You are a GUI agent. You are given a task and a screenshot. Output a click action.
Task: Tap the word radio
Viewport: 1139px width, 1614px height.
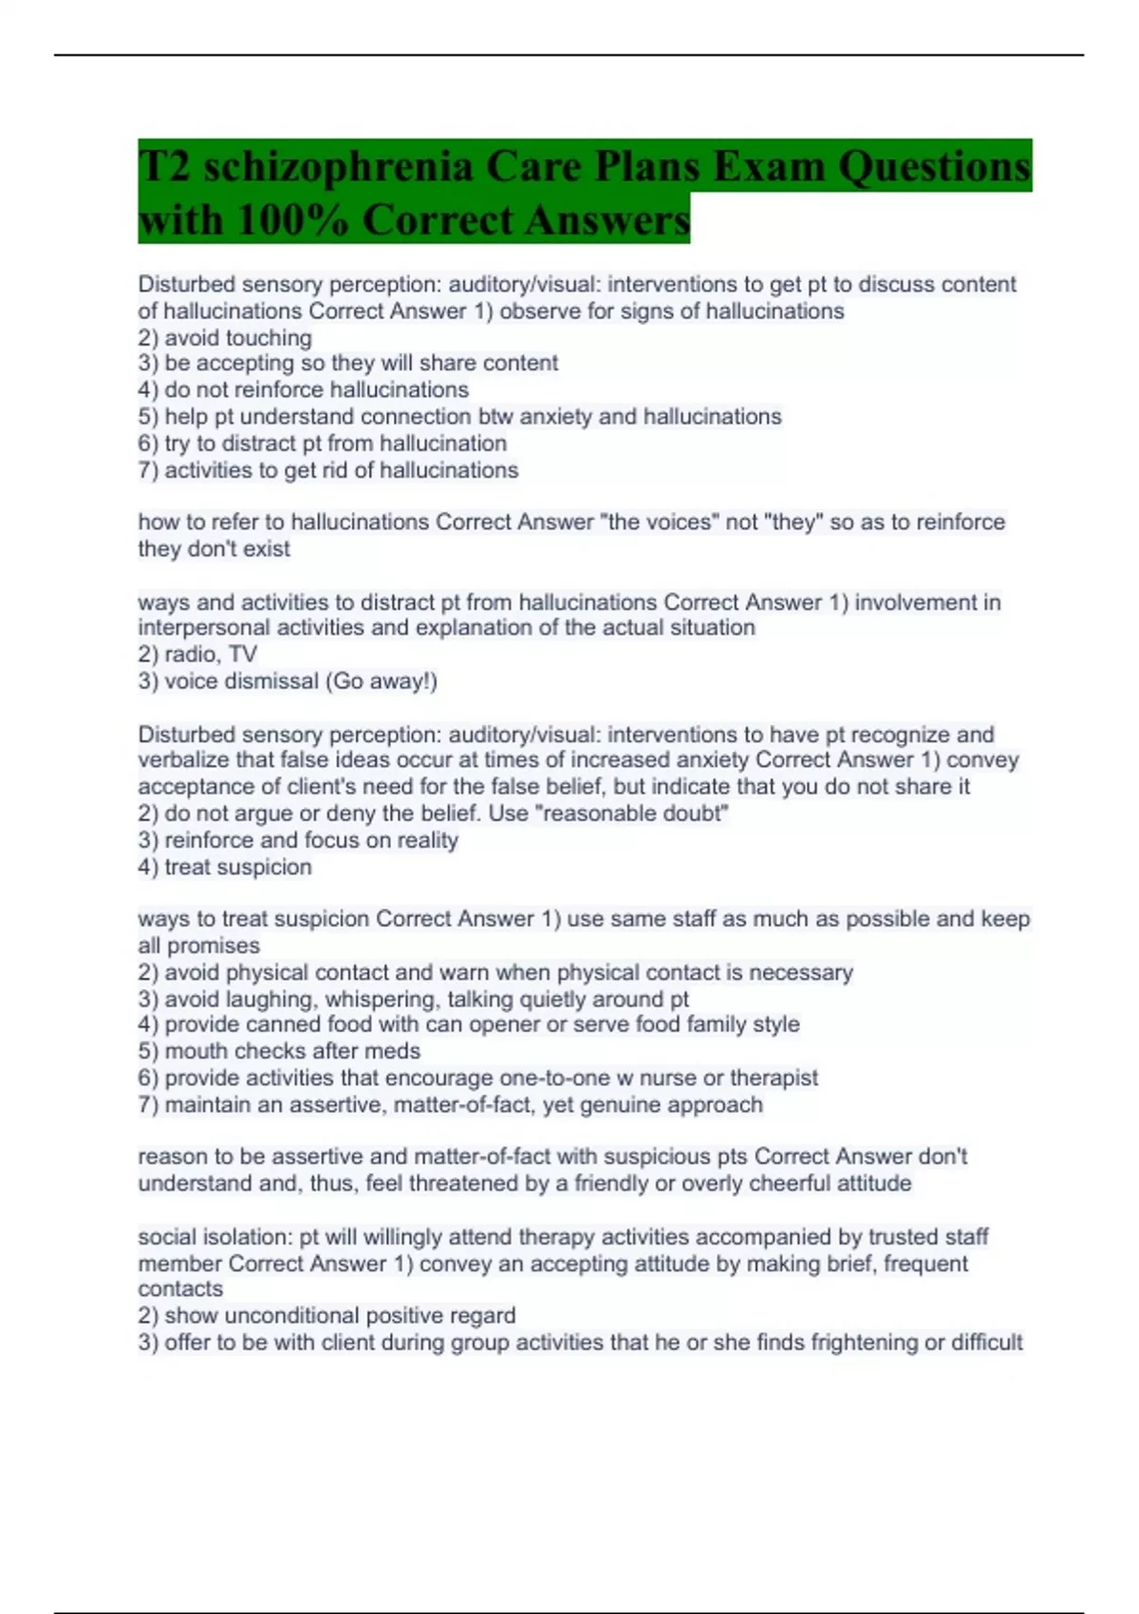pyautogui.click(x=190, y=654)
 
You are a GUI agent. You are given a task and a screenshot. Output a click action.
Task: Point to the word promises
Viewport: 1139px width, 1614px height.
pyautogui.click(x=213, y=946)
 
